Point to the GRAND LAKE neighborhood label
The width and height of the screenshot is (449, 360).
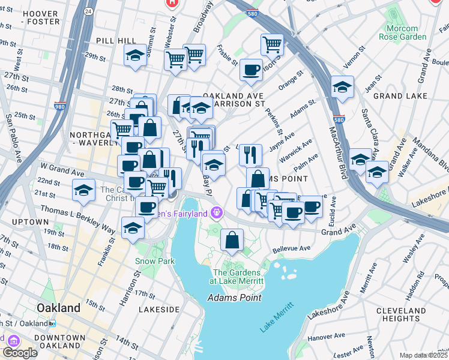click(x=400, y=96)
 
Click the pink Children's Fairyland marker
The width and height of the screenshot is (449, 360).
click(x=217, y=212)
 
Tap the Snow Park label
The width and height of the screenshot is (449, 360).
click(x=154, y=261)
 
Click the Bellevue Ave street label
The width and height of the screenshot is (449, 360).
click(x=291, y=248)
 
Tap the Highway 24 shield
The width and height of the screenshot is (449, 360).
click(x=88, y=11)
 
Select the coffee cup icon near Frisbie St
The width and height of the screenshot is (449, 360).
click(x=251, y=69)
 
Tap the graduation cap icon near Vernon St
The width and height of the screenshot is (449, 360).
click(x=342, y=87)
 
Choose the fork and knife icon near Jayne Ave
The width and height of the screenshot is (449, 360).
click(x=250, y=154)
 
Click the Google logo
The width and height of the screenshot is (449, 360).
click(x=19, y=352)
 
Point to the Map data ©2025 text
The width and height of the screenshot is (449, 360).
click(x=424, y=355)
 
